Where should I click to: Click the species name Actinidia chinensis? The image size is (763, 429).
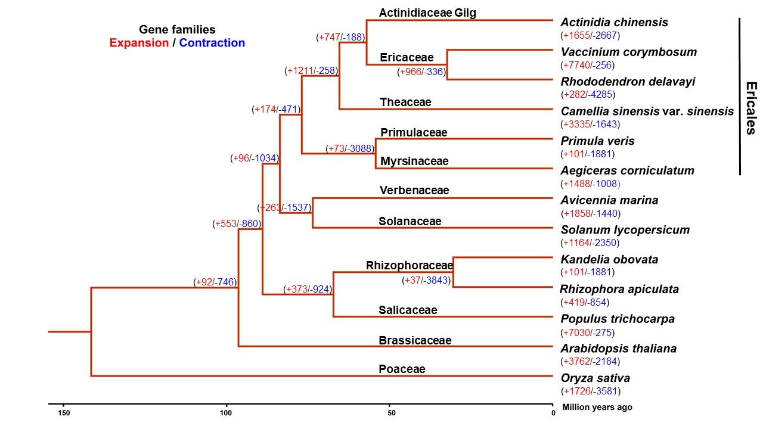[614, 23]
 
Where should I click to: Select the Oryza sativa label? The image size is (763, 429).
[595, 378]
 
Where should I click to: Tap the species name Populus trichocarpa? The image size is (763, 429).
[618, 319]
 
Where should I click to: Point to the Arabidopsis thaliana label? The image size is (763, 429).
[618, 349]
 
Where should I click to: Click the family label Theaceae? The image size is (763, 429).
[405, 102]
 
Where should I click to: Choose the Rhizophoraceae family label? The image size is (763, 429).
[410, 265]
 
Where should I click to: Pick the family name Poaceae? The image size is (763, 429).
[402, 369]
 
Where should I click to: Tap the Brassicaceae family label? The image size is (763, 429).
[415, 340]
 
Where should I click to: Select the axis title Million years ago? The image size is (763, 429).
[597, 408]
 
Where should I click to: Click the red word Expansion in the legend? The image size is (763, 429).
[139, 43]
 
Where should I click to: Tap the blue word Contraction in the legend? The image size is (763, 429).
[212, 43]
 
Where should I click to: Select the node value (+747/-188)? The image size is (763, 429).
[340, 37]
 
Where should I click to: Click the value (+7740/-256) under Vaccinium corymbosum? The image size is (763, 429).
[587, 65]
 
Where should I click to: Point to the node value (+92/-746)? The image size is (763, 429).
[216, 282]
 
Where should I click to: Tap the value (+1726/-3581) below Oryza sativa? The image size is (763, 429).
[590, 391]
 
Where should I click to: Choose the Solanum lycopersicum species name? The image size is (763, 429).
[625, 230]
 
